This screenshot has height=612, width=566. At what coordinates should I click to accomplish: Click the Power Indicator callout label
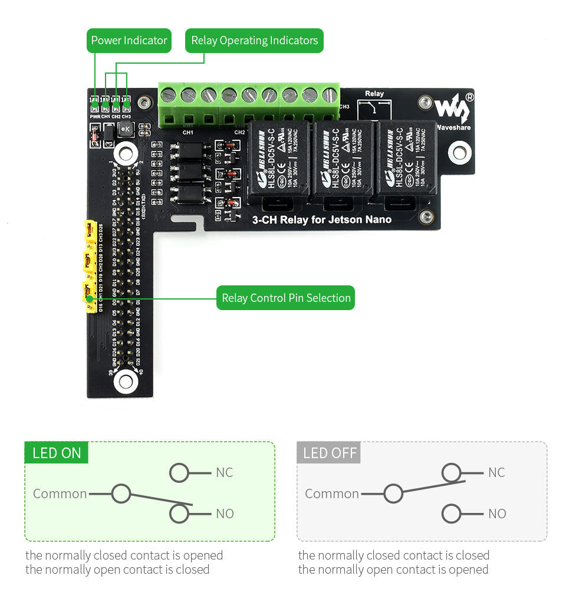tap(129, 41)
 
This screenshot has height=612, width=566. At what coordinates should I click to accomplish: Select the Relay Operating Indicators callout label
tap(254, 41)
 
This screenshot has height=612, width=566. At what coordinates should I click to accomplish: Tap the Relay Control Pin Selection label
tap(286, 298)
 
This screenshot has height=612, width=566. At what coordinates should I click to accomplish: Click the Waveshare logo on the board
tap(453, 110)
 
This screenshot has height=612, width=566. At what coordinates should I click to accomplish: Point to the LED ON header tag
tap(57, 453)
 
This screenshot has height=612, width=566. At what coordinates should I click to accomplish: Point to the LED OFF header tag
tap(328, 453)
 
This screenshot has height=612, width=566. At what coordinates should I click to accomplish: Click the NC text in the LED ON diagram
tap(224, 472)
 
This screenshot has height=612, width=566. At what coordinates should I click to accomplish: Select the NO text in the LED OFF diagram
tap(496, 514)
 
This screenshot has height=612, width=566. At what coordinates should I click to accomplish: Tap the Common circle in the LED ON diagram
tap(121, 493)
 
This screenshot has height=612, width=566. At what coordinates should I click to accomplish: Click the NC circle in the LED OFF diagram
tap(451, 472)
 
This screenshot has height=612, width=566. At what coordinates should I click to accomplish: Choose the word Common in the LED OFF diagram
tap(331, 493)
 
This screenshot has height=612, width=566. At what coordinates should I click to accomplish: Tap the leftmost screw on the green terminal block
tap(169, 94)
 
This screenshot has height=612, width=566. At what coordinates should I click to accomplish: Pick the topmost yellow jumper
tap(90, 231)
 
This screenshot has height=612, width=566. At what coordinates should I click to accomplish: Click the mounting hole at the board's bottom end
tap(126, 381)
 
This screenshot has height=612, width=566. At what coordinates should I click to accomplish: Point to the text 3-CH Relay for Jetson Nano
tap(321, 219)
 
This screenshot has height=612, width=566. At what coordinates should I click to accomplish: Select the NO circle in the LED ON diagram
tap(179, 514)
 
